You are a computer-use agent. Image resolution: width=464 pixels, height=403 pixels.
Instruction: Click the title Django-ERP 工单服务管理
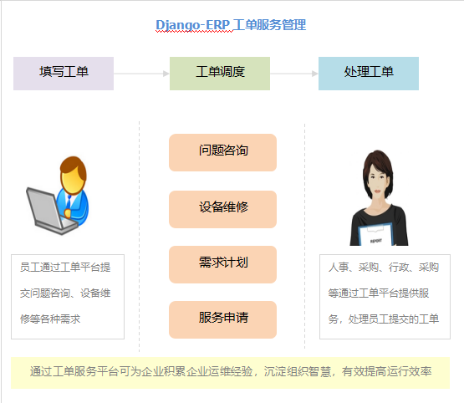coord(231,25)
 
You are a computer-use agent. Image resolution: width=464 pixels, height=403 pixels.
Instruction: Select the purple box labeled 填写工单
coord(64,73)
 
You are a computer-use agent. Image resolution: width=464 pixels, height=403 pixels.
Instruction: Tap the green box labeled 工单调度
coord(220,73)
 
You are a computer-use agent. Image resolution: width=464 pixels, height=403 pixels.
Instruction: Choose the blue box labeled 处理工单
coord(369,73)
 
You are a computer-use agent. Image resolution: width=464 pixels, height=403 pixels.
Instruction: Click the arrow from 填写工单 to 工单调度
coord(141,74)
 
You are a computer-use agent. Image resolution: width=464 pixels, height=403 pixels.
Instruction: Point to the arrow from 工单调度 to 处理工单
coord(294,74)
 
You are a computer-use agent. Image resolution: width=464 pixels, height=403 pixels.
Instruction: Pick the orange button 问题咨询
coord(222,152)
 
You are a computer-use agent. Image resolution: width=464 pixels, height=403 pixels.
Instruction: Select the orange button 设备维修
coord(222,208)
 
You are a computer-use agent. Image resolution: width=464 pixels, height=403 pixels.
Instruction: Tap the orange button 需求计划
coord(222,263)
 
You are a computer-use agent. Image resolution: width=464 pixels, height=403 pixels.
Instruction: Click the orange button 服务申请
coord(222,319)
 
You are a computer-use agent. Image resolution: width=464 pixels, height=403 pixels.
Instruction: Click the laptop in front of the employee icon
coord(47,209)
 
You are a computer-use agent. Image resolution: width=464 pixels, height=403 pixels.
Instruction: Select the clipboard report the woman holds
coord(376,235)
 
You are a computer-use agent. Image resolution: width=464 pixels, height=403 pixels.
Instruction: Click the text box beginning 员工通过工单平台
coord(68,295)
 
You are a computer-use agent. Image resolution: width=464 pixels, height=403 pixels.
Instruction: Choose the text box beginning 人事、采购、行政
coord(384,295)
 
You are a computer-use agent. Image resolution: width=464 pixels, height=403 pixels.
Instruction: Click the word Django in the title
coord(178,25)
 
